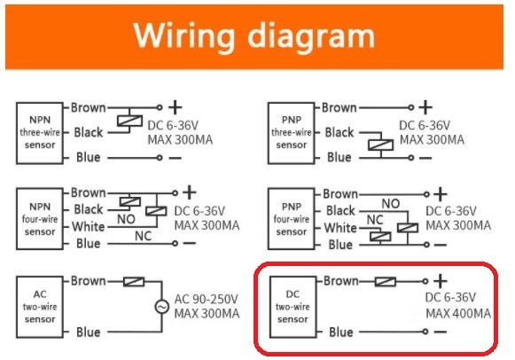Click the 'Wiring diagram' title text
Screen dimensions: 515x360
(x=254, y=36)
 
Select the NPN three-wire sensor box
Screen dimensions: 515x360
(x=40, y=133)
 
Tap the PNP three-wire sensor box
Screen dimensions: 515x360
(x=292, y=133)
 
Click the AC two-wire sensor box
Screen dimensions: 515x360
(x=40, y=307)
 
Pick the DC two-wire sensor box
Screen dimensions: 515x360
(x=293, y=307)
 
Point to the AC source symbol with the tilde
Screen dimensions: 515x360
(x=162, y=307)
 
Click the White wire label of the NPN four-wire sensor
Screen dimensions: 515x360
(x=89, y=227)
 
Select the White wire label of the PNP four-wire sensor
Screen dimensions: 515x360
(x=340, y=228)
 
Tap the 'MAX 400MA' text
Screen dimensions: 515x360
(x=458, y=313)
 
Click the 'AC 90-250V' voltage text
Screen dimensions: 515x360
(x=206, y=299)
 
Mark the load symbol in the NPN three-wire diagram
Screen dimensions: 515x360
(x=129, y=121)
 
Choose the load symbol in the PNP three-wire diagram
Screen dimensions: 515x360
(x=380, y=145)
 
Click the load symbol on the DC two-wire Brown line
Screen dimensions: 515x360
(x=386, y=281)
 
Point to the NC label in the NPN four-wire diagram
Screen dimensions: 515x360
(x=144, y=236)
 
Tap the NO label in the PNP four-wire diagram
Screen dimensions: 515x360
(x=391, y=204)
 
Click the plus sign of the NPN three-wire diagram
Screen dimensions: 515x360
(x=175, y=107)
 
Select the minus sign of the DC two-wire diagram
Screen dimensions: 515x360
(x=441, y=332)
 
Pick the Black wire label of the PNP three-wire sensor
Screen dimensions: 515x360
(x=339, y=132)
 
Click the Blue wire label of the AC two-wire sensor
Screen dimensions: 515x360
(x=88, y=333)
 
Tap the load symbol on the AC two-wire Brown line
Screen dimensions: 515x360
(x=134, y=281)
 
